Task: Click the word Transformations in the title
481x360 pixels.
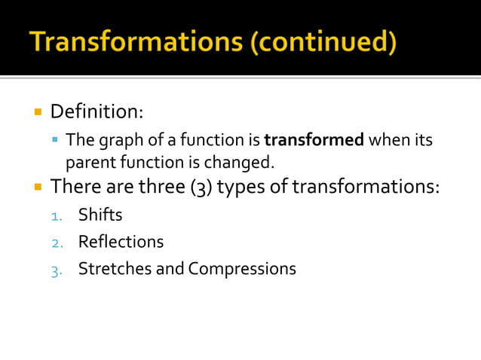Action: coord(138,41)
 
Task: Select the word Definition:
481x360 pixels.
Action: coord(97,112)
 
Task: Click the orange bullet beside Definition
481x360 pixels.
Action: coord(36,112)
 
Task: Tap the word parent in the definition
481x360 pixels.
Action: coord(90,162)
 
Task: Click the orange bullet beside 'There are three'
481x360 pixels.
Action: coord(36,185)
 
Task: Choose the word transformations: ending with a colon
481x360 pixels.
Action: coord(366,185)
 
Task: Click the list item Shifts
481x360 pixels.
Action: coord(100,215)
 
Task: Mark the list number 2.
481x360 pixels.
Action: coord(56,243)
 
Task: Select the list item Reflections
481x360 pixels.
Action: coord(121,242)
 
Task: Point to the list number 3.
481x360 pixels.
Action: coord(56,270)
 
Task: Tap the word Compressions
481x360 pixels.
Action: coord(242,269)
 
